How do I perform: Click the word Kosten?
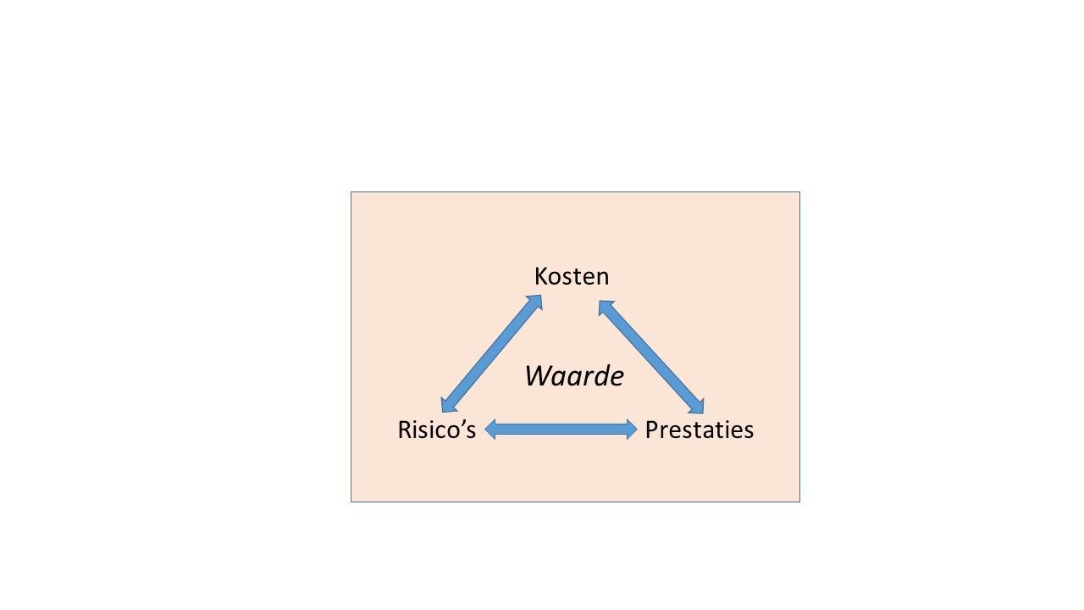[x=572, y=276]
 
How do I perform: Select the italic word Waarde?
[x=574, y=375]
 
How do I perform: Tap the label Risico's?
[x=436, y=430]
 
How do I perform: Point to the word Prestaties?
[x=699, y=430]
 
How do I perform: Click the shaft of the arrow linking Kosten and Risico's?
[x=491, y=354]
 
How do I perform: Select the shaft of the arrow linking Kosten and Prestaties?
[x=651, y=357]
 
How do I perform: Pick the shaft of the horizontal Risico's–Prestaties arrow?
[x=561, y=430]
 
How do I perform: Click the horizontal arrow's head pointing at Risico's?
[x=490, y=430]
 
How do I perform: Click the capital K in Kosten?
[x=541, y=276]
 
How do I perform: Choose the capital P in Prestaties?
[x=651, y=430]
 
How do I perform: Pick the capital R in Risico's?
[x=404, y=430]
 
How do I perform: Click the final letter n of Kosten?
[x=602, y=279]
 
